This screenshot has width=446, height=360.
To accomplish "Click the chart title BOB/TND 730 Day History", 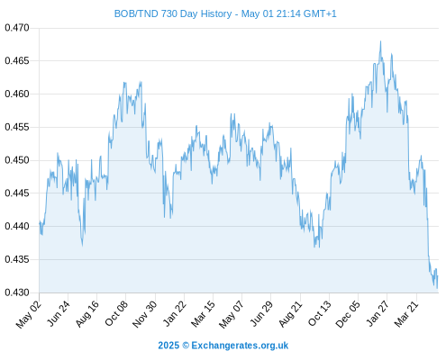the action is (x=173, y=13).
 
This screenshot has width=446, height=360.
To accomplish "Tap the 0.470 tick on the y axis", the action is (x=17, y=28).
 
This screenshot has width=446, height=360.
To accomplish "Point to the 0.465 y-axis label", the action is (x=17, y=61).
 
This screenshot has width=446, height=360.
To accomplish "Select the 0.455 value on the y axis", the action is (x=17, y=127).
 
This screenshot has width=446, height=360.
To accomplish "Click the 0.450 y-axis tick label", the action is (x=17, y=160).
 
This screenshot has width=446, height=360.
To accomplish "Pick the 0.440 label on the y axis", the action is (x=17, y=226).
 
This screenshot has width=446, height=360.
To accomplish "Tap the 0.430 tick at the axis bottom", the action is (x=17, y=292).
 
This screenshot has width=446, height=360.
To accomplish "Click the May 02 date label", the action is (x=29, y=314).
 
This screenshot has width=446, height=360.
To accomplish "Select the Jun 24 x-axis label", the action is (x=59, y=313).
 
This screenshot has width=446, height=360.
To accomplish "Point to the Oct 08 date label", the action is (x=116, y=313).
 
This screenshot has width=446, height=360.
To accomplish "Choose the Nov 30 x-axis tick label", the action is (x=144, y=314).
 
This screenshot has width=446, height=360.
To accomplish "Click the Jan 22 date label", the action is (x=175, y=313).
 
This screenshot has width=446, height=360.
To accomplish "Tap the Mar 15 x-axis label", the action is (x=203, y=313).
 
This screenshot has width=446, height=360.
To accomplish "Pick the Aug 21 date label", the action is (x=290, y=314).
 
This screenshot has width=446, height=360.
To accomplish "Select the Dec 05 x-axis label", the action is (x=348, y=314).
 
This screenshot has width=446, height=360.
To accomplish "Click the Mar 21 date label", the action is (x=406, y=314).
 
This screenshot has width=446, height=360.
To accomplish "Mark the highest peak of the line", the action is (x=380, y=41).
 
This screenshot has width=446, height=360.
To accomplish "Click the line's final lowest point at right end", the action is (x=437, y=288).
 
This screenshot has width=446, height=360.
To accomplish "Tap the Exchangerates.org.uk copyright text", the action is (x=240, y=346).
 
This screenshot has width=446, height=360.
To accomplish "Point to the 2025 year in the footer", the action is (x=168, y=346).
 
